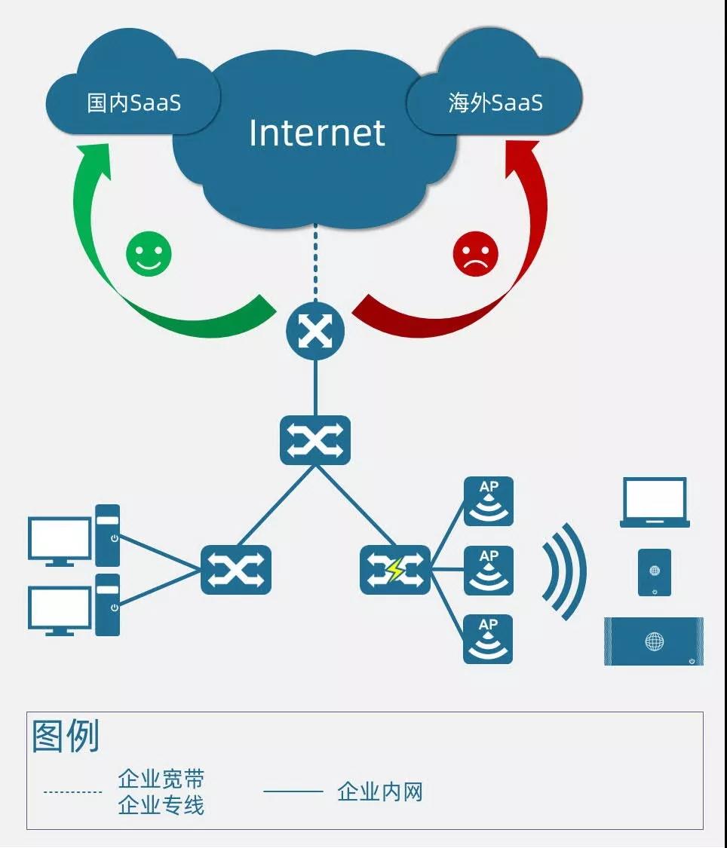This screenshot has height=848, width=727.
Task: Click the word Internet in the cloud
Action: (317, 133)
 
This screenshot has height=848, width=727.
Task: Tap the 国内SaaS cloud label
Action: (133, 103)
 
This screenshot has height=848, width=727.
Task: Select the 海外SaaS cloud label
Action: (495, 103)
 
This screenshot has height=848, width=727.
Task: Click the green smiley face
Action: (149, 253)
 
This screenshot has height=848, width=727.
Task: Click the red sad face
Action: (475, 253)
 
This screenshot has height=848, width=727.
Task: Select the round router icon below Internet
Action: (315, 331)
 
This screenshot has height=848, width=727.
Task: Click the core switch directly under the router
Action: (315, 440)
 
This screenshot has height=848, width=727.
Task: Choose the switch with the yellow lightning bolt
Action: (395, 570)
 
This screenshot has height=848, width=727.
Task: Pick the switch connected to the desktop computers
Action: (236, 570)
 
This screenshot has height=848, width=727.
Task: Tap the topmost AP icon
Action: (489, 501)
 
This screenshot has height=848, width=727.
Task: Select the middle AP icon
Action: (489, 571)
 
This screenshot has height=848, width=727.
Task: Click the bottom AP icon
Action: (488, 639)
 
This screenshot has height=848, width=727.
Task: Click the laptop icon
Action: (655, 503)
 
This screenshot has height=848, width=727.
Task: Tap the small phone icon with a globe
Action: (655, 573)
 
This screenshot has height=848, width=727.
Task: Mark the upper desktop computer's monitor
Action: (60, 540)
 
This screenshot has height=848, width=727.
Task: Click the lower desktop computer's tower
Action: (108, 605)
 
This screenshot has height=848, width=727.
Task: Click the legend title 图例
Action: (66, 736)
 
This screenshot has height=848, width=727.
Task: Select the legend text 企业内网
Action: (380, 791)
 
